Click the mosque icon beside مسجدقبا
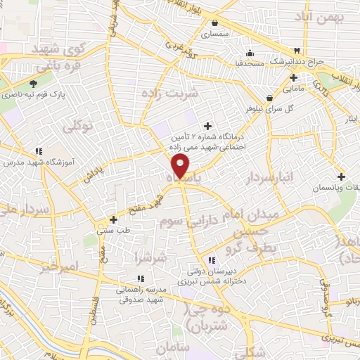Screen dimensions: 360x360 (x=249, y=53)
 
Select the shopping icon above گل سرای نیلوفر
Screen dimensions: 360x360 (x=269, y=98)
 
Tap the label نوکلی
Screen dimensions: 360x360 (x=77, y=127)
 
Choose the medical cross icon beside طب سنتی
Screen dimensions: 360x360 (x=112, y=219)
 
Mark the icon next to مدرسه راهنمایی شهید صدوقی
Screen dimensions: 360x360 (x=139, y=277)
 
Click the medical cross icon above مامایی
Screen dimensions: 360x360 (x=293, y=77)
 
